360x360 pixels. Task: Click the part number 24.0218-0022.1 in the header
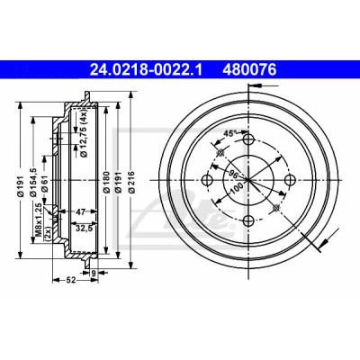click(147, 70)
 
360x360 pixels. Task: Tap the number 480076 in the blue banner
click(249, 70)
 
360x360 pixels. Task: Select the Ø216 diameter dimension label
click(130, 182)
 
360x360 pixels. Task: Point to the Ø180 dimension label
click(105, 182)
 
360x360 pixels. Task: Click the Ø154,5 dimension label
click(33, 182)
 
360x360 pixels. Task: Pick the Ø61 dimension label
click(44, 185)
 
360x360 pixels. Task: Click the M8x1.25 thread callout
click(39, 216)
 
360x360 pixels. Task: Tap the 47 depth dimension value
click(80, 212)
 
